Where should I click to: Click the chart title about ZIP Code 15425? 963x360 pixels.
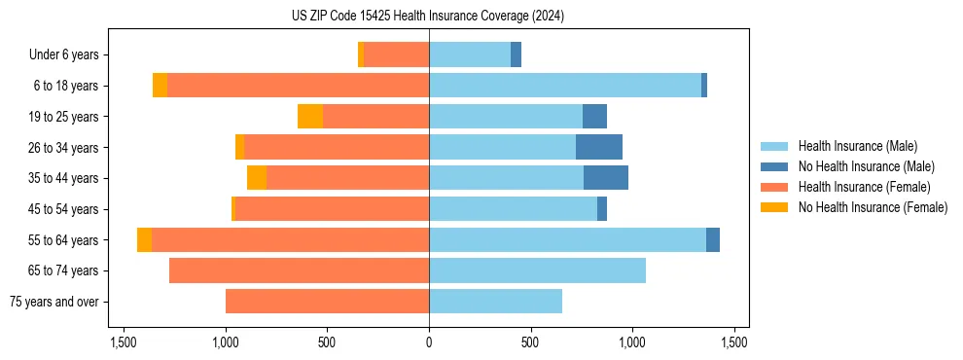(x=428, y=17)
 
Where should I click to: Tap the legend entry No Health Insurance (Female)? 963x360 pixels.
(x=873, y=207)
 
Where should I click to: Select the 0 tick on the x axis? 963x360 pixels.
(x=429, y=342)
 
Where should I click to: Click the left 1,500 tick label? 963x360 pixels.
(x=124, y=342)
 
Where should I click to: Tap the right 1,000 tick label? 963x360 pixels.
(x=632, y=342)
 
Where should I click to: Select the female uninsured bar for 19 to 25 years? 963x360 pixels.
(x=310, y=117)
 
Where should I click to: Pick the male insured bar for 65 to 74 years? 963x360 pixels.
(x=537, y=270)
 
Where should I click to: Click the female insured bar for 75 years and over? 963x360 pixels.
(x=327, y=302)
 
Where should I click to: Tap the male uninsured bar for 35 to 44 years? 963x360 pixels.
(x=606, y=178)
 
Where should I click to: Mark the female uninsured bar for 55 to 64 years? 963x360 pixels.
(x=144, y=240)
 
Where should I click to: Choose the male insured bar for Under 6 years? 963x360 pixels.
(x=470, y=55)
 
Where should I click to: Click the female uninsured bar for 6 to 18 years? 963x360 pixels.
(x=160, y=86)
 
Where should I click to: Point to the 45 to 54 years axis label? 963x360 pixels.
(x=64, y=209)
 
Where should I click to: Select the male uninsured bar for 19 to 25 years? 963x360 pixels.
(x=594, y=117)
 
